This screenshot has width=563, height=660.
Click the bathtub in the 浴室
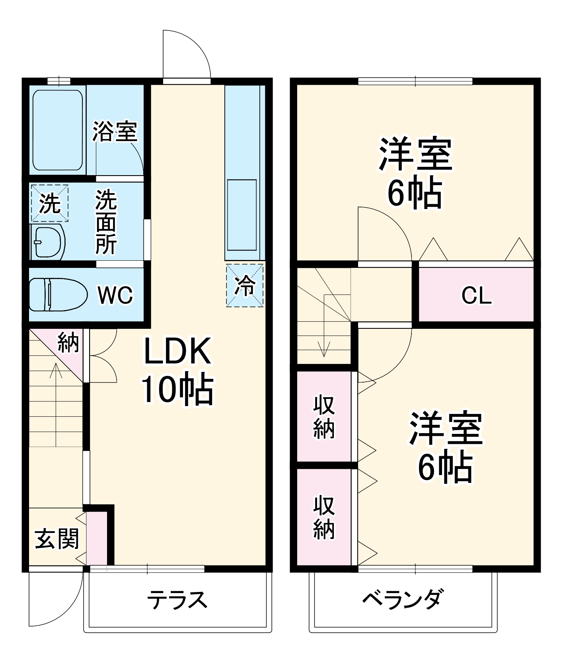coord(58,130)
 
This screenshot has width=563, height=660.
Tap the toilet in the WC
coord(58,295)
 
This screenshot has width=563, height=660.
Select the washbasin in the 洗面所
coord(48,242)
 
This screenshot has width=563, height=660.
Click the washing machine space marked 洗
coord(50,203)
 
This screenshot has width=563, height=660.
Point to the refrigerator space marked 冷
coord(245,285)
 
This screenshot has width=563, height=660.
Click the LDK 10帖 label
coord(177,370)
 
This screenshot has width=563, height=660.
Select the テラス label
coord(177,600)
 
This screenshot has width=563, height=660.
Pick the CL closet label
coord(476,295)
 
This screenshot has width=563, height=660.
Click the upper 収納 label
coord(324,417)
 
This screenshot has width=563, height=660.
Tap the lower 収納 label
coord(324,517)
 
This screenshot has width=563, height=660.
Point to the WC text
coord(115,295)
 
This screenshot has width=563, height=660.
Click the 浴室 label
coord(115,131)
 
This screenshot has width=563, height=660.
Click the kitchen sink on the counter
coord(242,215)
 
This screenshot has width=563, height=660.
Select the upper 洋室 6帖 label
coord(415,172)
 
